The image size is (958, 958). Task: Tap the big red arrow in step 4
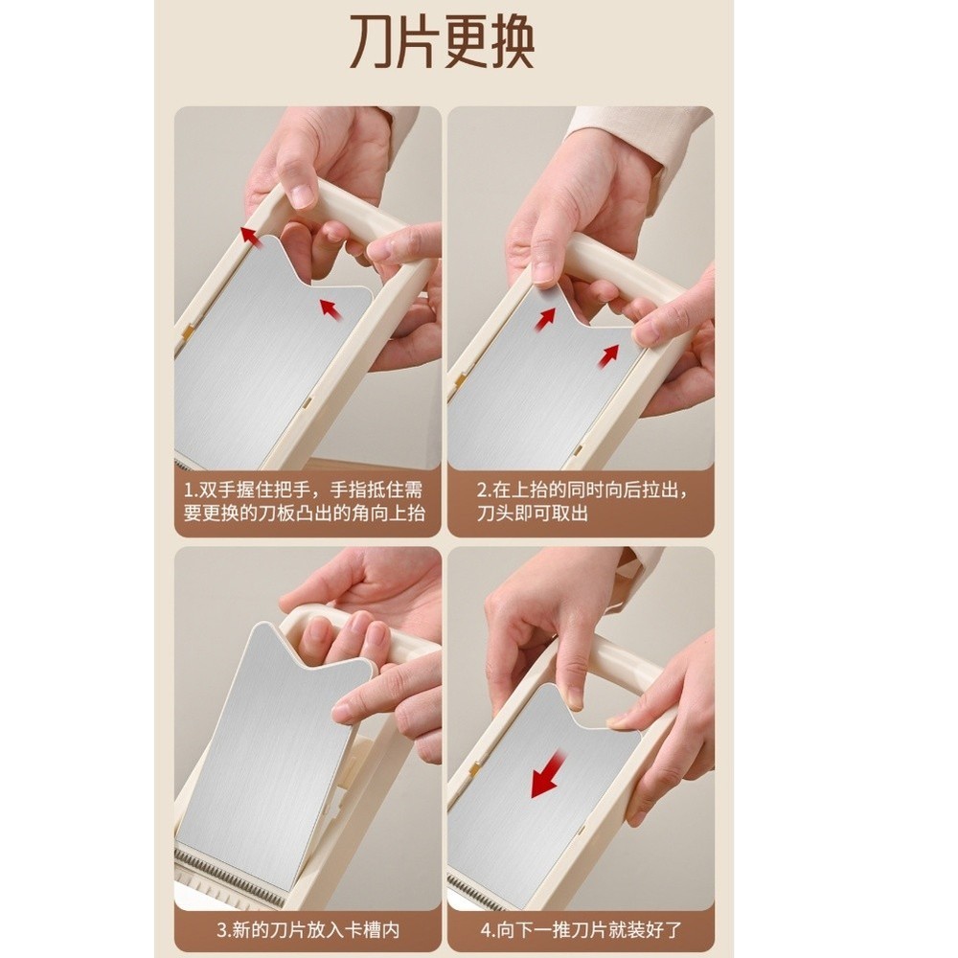[547, 775]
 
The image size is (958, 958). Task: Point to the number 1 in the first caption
[189, 490]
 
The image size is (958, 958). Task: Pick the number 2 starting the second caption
[482, 490]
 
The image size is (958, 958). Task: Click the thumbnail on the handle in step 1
[301, 196]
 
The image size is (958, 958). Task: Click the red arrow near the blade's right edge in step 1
[331, 308]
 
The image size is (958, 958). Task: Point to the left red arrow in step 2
[546, 319]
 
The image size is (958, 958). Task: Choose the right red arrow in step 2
[608, 356]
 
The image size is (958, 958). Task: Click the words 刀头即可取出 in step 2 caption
[533, 513]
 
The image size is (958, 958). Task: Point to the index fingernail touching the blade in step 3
[342, 712]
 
